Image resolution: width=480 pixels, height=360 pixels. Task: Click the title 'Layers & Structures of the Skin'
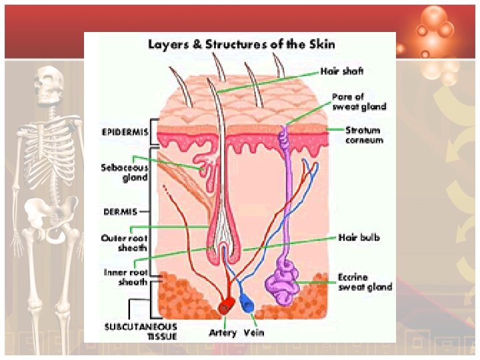pyautogui.click(x=241, y=45)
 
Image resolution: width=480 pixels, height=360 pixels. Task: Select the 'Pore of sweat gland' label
pyautogui.click(x=359, y=101)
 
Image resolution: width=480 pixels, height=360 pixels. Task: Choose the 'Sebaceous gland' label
pyautogui.click(x=125, y=173)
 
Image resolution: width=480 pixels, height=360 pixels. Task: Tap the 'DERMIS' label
pyautogui.click(x=121, y=211)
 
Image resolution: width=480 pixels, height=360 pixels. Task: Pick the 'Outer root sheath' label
pyautogui.click(x=125, y=241)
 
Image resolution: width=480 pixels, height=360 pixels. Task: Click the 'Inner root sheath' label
pyautogui.click(x=125, y=277)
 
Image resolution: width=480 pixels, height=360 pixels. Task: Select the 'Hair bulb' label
pyautogui.click(x=359, y=237)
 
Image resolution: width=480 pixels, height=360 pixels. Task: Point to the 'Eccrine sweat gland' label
pyautogui.click(x=365, y=282)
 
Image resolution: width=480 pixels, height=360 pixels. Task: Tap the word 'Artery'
pyautogui.click(x=222, y=333)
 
